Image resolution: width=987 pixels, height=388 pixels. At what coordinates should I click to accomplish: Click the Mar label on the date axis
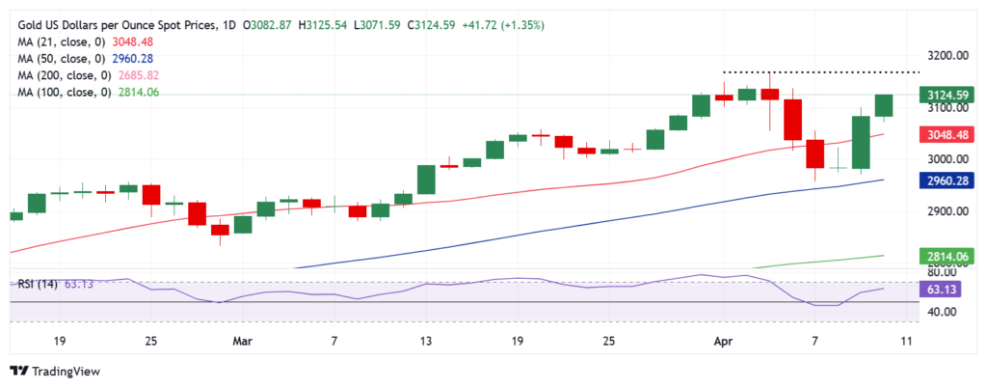tap(242, 341)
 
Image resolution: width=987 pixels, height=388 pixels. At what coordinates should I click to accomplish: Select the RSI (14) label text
tap(40, 285)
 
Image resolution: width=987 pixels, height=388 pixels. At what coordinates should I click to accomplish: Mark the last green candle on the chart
tap(884, 105)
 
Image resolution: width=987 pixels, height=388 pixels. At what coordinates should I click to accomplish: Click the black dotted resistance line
tap(819, 72)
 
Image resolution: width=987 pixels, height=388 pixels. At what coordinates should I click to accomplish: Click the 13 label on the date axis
tap(425, 341)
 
